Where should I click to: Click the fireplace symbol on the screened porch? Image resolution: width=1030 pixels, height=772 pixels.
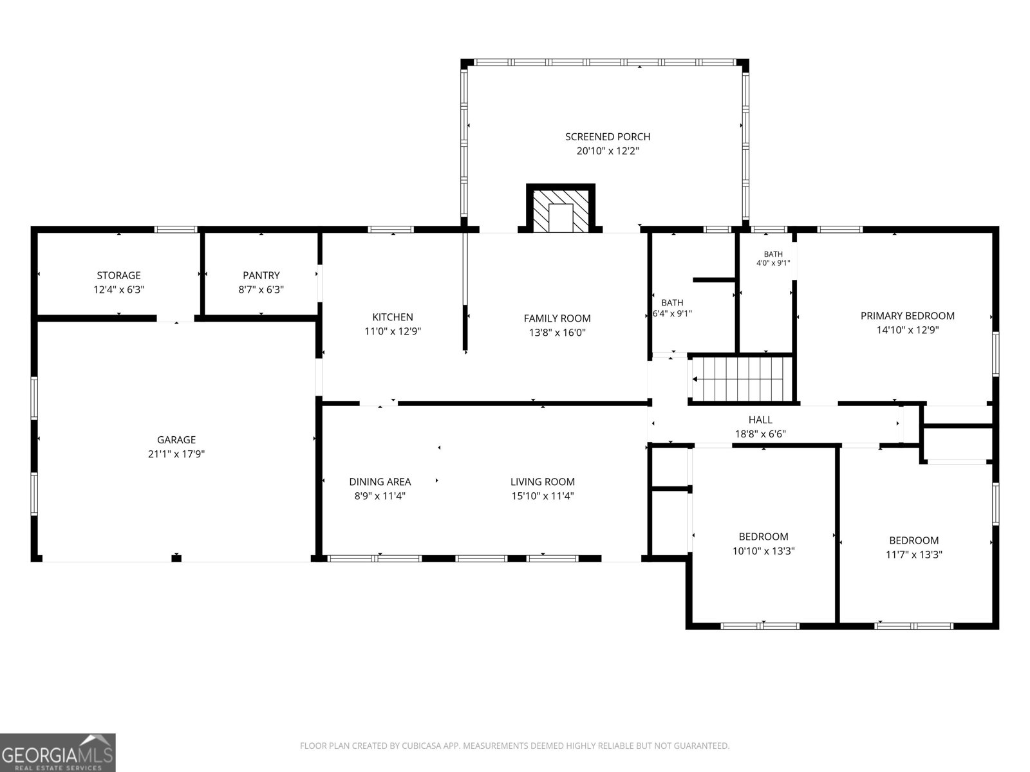click(560, 208)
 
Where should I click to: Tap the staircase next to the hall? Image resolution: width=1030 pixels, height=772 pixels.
click(742, 379)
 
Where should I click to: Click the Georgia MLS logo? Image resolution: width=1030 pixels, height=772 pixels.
click(58, 752)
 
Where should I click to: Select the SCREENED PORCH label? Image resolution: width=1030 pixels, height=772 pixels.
click(608, 137)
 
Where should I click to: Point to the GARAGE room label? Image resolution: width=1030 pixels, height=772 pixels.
click(176, 439)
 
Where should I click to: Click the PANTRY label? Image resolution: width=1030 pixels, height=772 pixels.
click(261, 275)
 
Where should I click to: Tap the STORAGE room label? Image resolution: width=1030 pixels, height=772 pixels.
click(118, 275)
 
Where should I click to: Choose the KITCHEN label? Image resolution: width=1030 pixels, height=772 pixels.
click(393, 317)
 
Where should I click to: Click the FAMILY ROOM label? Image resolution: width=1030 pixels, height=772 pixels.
click(557, 318)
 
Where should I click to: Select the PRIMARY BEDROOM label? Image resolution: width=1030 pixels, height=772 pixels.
click(908, 315)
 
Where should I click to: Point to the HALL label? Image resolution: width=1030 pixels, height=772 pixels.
click(760, 419)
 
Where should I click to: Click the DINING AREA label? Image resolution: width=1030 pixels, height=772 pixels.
click(380, 481)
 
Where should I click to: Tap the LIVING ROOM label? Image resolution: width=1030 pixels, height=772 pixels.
click(543, 481)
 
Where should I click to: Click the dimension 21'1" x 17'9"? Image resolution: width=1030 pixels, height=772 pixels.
click(176, 454)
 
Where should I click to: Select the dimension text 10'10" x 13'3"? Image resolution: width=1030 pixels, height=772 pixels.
click(763, 551)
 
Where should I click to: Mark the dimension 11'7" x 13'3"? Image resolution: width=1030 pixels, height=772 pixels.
click(913, 555)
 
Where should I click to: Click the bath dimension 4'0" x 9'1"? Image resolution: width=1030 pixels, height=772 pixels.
click(773, 263)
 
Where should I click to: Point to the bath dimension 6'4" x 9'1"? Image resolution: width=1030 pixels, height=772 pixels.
click(673, 313)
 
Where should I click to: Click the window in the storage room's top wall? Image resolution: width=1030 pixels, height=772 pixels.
click(176, 229)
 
